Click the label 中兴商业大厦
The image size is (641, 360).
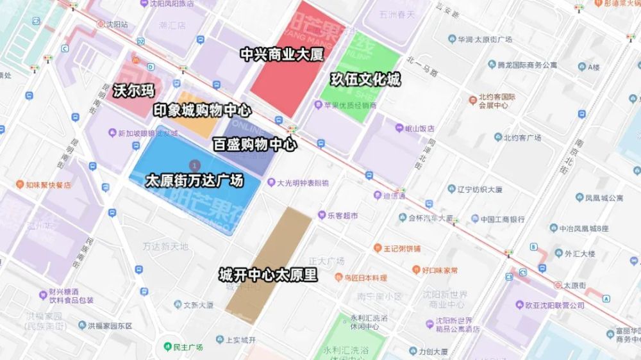(282, 54)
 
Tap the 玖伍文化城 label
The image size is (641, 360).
(365, 80)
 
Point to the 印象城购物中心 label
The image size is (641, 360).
(202, 111)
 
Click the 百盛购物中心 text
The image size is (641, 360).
(254, 145)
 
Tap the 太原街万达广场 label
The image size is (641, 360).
(194, 181)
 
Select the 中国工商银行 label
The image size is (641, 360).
(503, 218)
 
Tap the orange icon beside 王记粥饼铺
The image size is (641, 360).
(378, 248)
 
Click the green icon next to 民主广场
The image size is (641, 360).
(167, 347)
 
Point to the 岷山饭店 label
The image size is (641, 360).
(420, 128)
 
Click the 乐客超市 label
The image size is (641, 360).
(342, 215)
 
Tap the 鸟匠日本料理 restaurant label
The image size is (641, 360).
(365, 278)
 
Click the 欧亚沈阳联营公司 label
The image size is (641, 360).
(554, 306)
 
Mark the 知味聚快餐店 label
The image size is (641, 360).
(49, 185)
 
